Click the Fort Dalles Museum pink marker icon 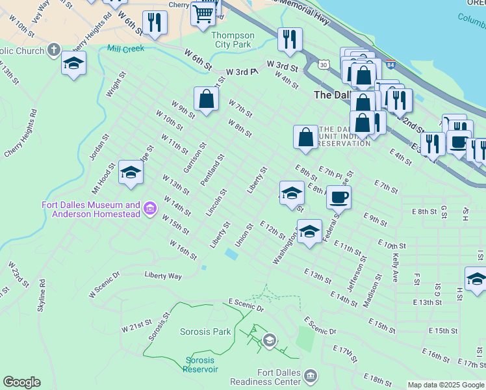point(150,209)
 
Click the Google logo point(21,382)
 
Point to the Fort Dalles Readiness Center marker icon point(311,376)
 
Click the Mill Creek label point(125,49)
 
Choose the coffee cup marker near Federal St point(339,196)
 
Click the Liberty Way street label point(163,276)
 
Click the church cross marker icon point(53,49)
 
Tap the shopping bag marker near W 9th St point(206,99)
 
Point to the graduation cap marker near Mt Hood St point(131,172)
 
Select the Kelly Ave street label point(395,267)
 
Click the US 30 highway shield point(323,64)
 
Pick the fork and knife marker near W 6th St point(155,23)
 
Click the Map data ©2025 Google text point(446,385)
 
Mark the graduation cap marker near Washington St point(309,231)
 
